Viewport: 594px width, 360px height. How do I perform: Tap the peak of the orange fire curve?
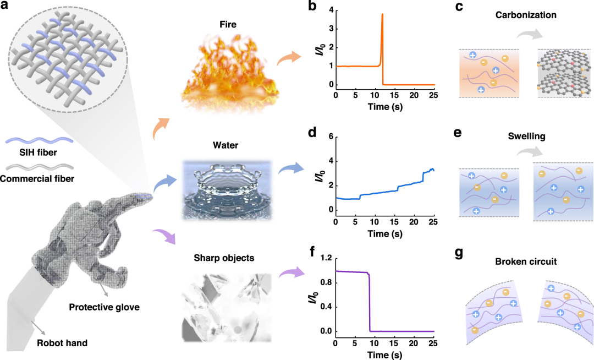pyautogui.click(x=382, y=15)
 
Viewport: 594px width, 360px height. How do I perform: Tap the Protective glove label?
pyautogui.click(x=104, y=307)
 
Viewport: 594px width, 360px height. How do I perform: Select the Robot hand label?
pyautogui.click(x=62, y=343)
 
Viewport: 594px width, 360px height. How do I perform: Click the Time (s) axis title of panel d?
pyautogui.click(x=385, y=234)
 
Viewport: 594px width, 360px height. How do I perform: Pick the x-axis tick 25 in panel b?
pyautogui.click(x=435, y=95)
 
